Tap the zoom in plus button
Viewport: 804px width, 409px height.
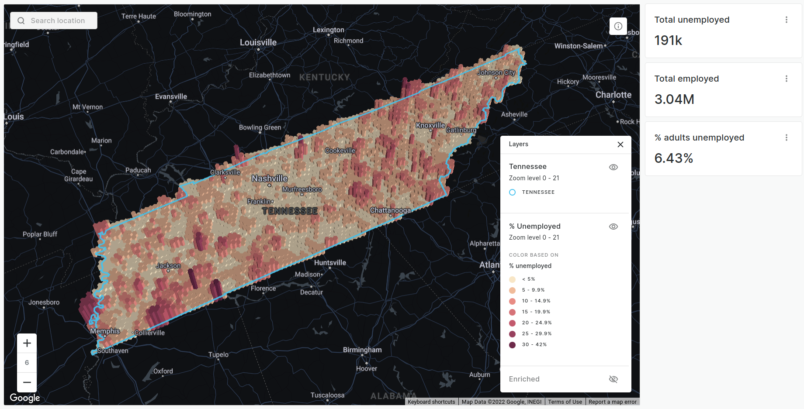tap(27, 343)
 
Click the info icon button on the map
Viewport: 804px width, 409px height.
tap(618, 26)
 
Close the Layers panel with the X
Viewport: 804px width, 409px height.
tap(620, 144)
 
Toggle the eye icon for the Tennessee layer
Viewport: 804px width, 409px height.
tap(613, 167)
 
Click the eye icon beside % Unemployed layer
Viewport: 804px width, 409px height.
tap(613, 227)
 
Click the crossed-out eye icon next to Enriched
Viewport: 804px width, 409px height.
tap(613, 379)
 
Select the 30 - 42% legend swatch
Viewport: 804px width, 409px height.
tap(513, 345)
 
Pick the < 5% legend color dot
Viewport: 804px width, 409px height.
tap(513, 279)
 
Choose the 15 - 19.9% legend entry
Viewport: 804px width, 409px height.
tap(536, 312)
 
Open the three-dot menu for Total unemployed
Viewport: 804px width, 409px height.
tap(786, 20)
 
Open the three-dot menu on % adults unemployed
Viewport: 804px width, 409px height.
tap(786, 137)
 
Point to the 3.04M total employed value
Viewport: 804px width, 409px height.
tap(674, 100)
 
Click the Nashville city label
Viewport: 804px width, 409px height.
tap(270, 179)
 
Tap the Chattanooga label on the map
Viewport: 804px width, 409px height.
tap(390, 210)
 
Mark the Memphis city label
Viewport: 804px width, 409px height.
tap(105, 331)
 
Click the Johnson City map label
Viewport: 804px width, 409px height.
tap(496, 72)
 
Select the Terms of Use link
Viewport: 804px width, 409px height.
tap(565, 402)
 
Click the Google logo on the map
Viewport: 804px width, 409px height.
tap(25, 398)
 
